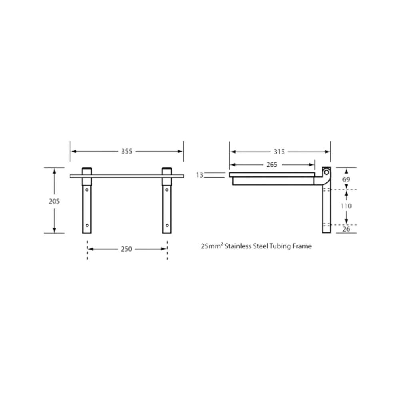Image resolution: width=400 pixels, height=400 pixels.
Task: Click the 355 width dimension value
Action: coord(126,151)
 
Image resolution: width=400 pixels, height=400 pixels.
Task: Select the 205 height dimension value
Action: coord(54,201)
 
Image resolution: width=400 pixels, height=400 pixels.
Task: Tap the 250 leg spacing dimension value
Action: coord(126,249)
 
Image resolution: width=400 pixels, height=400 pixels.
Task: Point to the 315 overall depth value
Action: coord(279,152)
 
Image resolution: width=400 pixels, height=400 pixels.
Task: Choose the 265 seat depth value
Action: coord(272,165)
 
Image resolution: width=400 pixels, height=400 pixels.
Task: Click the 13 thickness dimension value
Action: coord(200,175)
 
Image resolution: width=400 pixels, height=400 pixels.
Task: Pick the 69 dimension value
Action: coord(346,179)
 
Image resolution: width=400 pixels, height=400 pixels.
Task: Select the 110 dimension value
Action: coord(346,206)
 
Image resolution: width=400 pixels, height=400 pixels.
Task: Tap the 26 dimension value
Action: coord(346,229)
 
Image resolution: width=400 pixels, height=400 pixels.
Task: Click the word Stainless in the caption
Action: coord(238,246)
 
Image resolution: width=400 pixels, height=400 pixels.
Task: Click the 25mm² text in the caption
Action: coord(212,246)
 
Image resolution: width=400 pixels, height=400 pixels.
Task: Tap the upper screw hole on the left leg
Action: coord(87,190)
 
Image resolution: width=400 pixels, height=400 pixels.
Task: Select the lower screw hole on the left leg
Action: coord(87,225)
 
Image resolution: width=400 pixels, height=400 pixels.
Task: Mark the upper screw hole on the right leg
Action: coord(167,190)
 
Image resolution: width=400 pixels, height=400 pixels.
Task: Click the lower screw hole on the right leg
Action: coord(167,225)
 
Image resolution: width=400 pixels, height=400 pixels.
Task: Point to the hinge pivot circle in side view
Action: coord(326,172)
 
